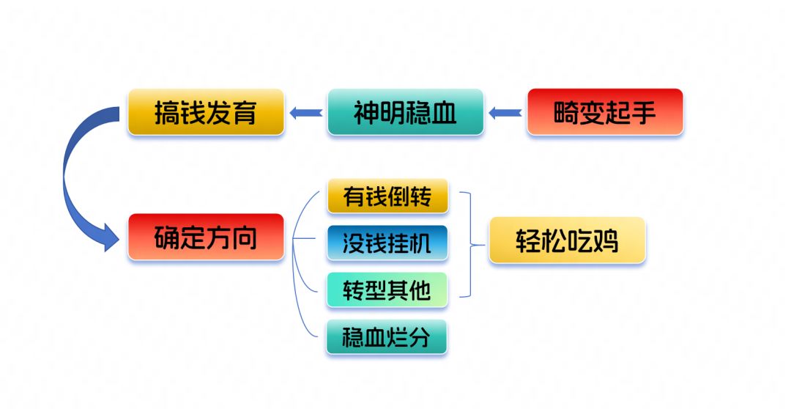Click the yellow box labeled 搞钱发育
pyautogui.click(x=206, y=112)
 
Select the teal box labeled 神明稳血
pyautogui.click(x=406, y=112)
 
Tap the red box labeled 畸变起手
pyautogui.click(x=605, y=112)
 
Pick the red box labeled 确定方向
pyautogui.click(x=206, y=237)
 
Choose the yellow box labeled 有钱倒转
pyautogui.click(x=387, y=196)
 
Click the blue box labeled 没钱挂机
pyautogui.click(x=387, y=243)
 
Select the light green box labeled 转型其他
pyautogui.click(x=387, y=290)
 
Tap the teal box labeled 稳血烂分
pyautogui.click(x=387, y=336)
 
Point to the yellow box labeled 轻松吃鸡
pyautogui.click(x=568, y=240)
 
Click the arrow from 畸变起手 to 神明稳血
pyautogui.click(x=505, y=113)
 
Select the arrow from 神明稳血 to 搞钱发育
pyautogui.click(x=306, y=113)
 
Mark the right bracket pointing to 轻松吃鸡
pyautogui.click(x=471, y=244)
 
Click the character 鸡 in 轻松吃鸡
pyautogui.click(x=606, y=241)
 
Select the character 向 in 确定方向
pyautogui.click(x=245, y=237)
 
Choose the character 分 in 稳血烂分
pyautogui.click(x=420, y=337)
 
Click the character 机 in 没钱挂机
pyautogui.click(x=420, y=243)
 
